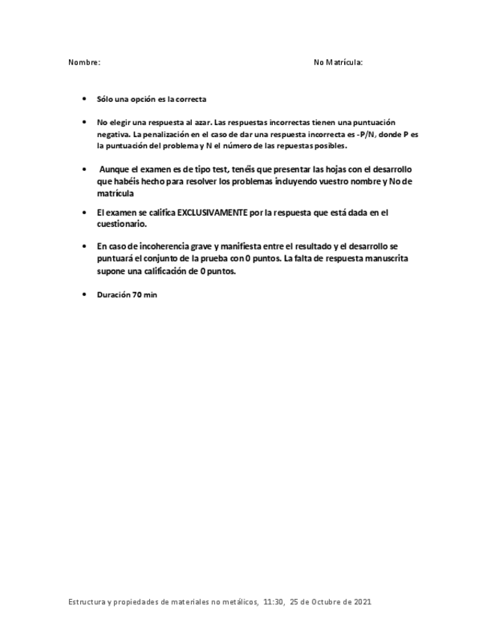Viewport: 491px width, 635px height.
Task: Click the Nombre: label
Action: [x=84, y=63]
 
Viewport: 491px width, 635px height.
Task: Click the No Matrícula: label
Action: [x=338, y=63]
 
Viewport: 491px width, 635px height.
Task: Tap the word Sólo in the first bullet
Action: [x=105, y=99]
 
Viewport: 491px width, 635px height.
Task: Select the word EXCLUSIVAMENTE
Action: [x=212, y=213]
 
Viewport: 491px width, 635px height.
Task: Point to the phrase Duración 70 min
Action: [x=127, y=295]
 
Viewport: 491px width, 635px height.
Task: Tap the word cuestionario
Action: [x=121, y=224]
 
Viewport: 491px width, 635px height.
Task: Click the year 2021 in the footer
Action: [x=362, y=601]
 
